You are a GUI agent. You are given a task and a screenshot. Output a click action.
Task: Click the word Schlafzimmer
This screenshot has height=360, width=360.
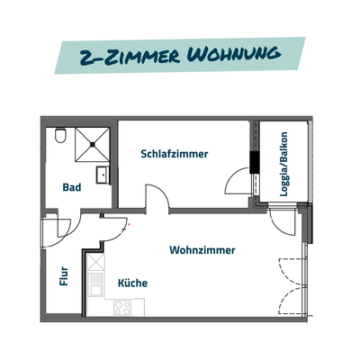click(175, 154)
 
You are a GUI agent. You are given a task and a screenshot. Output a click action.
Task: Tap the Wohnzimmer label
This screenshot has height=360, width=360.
click(202, 250)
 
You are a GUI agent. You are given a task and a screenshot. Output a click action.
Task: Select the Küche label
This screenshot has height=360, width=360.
click(133, 283)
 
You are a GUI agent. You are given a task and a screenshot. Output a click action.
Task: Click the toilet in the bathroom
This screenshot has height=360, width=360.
click(60, 136)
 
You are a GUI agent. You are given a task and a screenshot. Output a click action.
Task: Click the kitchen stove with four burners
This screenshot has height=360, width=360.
click(123, 306)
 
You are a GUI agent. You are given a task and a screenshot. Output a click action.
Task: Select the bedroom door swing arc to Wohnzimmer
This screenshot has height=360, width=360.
click(155, 196)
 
